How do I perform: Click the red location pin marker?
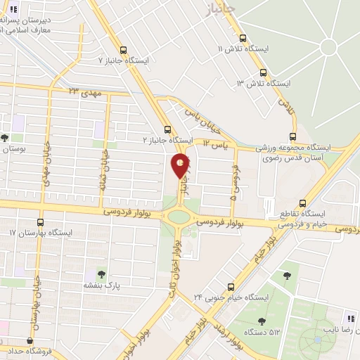point(181,165)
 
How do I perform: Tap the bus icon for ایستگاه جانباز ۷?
point(124,50)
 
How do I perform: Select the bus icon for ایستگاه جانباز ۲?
point(167,129)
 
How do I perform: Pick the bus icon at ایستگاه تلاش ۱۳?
point(263,72)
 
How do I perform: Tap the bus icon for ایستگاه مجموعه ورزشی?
point(293,138)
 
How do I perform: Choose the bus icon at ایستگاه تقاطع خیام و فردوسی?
point(302,200)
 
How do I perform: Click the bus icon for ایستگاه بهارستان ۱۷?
point(40,232)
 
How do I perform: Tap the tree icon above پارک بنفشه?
point(101,274)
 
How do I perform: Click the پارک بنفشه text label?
point(103,285)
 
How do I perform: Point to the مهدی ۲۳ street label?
point(85,91)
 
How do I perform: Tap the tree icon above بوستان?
point(5,138)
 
